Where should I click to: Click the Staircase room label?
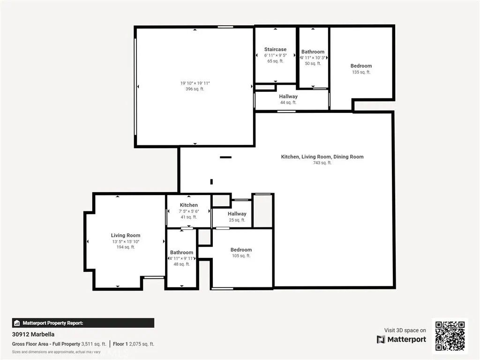coord(275,49)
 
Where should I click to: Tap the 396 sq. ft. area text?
coord(195,89)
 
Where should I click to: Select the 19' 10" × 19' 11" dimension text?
coord(195,83)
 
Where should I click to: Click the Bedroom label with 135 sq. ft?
coord(361,66)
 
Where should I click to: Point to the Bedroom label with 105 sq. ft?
coord(241,250)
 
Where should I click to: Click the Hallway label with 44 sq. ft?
coord(288,97)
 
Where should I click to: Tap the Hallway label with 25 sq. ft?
coord(237,214)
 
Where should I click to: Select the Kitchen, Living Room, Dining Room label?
coord(322,157)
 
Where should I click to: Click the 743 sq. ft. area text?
coord(322,163)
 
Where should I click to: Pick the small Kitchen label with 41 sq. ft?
coord(188,205)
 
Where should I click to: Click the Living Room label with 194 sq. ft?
coord(126,235)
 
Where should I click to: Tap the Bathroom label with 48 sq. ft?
coord(181,253)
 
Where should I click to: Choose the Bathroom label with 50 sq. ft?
coord(313,52)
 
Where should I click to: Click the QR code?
coord(450,336)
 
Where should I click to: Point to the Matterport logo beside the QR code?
coord(401,339)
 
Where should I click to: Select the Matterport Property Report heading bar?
coord(83,323)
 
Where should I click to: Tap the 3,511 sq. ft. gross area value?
coord(94,344)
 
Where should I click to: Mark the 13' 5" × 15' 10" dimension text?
coord(126,241)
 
